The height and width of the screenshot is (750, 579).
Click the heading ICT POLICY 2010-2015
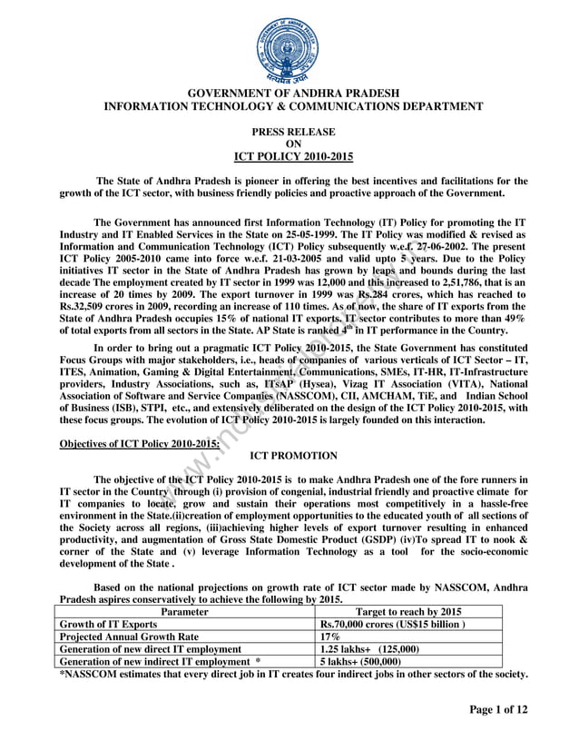291,156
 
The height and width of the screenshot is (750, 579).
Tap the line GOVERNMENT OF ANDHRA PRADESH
291,94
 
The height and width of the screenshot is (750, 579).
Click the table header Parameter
189,612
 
